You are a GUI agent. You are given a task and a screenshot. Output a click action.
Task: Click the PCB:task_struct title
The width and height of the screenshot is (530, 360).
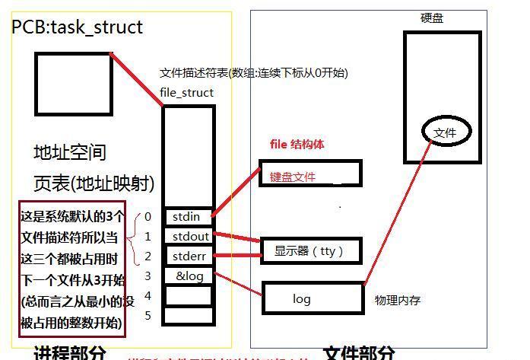tap(77, 27)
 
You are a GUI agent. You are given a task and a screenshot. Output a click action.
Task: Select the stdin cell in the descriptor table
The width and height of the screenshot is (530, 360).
tap(187, 217)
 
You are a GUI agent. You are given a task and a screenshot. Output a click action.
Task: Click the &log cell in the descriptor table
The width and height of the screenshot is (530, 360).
tap(189, 276)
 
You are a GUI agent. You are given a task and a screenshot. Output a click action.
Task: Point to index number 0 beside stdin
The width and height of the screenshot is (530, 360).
tap(148, 217)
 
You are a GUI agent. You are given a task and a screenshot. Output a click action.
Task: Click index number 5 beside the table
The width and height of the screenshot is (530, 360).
tap(148, 315)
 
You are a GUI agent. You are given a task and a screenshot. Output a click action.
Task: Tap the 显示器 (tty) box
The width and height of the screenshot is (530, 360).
tap(309, 251)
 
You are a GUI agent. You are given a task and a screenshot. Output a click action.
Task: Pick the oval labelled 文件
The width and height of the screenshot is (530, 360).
tap(444, 132)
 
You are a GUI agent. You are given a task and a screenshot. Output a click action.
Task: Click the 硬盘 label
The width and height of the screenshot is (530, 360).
tap(432, 18)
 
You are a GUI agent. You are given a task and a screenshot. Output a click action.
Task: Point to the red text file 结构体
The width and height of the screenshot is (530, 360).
tap(297, 144)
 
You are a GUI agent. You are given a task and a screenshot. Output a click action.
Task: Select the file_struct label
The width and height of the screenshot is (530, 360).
tap(187, 93)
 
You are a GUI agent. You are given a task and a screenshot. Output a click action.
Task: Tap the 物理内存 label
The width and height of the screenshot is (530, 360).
tap(398, 300)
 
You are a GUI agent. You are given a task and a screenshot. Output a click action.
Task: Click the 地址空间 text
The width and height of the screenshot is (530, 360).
tap(70, 153)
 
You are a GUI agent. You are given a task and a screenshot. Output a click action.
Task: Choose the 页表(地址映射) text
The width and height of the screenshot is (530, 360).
tap(94, 183)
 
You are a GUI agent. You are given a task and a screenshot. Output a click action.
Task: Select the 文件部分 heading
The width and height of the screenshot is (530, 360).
tap(359, 352)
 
